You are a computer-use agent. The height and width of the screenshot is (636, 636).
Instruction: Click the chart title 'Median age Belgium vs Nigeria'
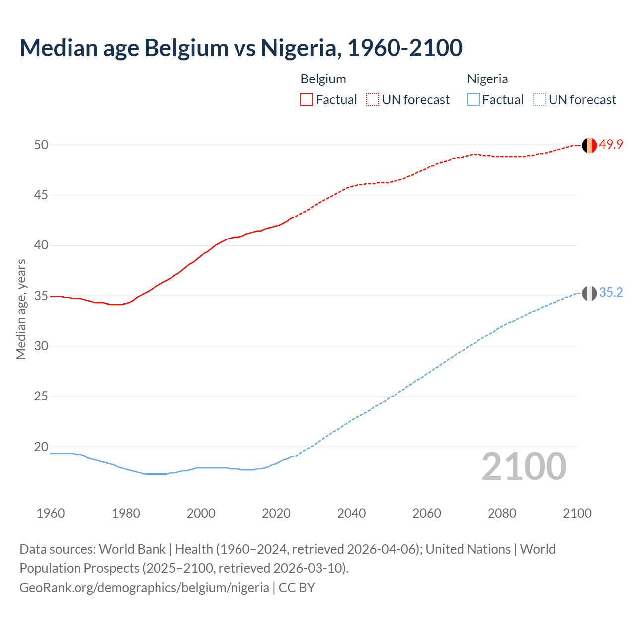pos(241,48)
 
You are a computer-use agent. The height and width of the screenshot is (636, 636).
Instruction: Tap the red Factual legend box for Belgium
pos(307,100)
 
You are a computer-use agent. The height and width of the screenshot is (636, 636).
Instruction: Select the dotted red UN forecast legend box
pos(373,100)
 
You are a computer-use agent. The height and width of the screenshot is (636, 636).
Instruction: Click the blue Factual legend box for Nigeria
pos(473,100)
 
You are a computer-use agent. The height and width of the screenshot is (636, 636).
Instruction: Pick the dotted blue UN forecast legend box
pos(539,100)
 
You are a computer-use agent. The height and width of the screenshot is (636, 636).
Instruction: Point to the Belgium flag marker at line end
pos(589,145)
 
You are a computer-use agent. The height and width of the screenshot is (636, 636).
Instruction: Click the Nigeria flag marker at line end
pos(589,293)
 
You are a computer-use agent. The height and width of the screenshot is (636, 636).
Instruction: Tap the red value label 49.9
pos(611,145)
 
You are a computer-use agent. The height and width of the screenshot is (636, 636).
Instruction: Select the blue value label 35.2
pos(611,293)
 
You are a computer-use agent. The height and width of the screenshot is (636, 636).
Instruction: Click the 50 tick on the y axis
pos(41,145)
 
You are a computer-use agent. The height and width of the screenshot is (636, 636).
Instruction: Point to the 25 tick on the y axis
pos(41,397)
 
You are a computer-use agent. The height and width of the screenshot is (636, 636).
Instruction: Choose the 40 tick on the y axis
pos(41,245)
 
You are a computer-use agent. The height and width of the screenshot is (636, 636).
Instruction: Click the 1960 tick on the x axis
pos(51,513)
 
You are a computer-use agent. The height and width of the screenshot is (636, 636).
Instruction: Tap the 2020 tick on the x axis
pos(276,513)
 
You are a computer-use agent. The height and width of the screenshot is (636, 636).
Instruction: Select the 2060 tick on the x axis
pos(427,513)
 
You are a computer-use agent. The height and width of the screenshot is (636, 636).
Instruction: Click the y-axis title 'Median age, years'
pos(21,309)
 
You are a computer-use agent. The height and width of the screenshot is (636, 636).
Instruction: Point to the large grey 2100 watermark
pos(524,467)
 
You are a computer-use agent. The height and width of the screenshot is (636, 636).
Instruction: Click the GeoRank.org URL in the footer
pos(144,588)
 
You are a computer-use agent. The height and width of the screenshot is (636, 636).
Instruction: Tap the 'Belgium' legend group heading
pos(323,79)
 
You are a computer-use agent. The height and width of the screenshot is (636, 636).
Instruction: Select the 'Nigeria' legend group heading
pos(487,79)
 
